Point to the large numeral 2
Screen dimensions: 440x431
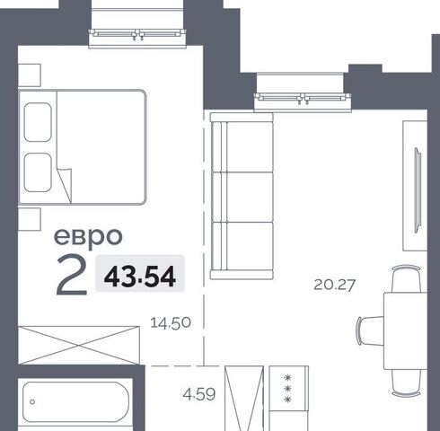[x=72, y=276]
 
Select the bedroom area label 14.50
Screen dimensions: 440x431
[x=171, y=323]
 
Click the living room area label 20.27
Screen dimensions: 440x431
[x=335, y=285]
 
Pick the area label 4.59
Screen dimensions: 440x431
[x=199, y=394]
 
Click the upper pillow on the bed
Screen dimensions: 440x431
[x=38, y=122]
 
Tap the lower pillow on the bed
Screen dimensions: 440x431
[x=38, y=172]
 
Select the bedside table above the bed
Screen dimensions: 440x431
[x=30, y=75]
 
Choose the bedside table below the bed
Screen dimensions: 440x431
[x=30, y=219]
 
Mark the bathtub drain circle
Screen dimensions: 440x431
[x=32, y=402]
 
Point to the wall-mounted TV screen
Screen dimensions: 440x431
[x=418, y=190]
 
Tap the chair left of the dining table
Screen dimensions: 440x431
[x=370, y=330]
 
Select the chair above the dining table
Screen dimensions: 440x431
[x=406, y=278]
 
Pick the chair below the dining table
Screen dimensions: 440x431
[x=406, y=383]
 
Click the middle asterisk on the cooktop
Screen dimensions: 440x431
[x=288, y=389]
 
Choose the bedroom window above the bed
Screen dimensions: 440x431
[x=137, y=34]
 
